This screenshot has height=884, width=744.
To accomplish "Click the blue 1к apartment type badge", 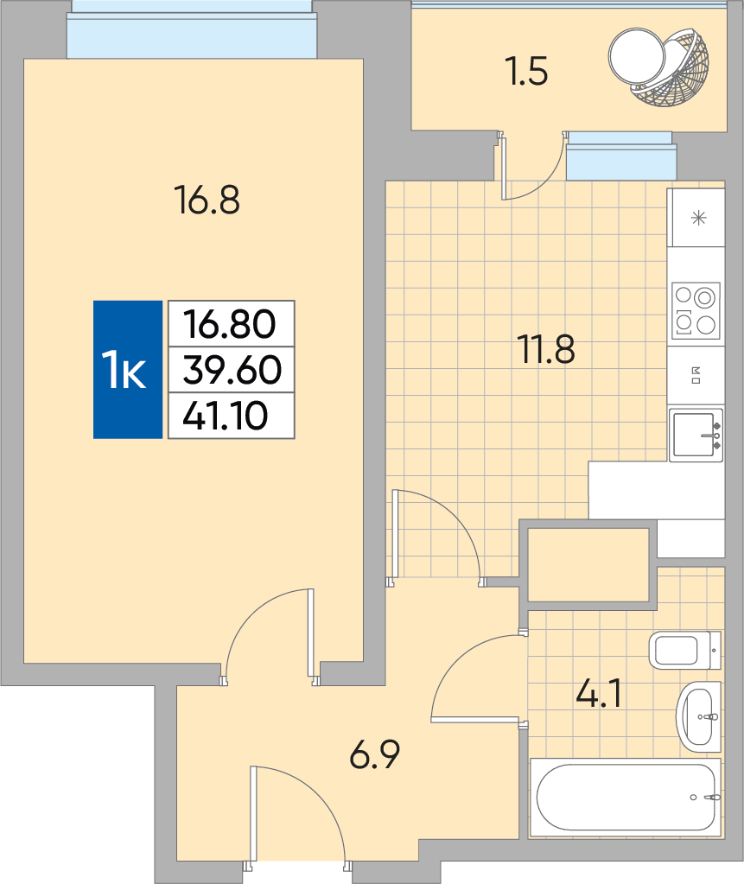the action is tap(128, 369).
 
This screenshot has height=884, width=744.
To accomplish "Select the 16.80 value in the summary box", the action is tap(230, 324).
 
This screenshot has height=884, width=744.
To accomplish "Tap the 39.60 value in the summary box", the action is tap(232, 370).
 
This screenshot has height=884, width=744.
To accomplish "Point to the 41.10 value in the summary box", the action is tap(225, 416).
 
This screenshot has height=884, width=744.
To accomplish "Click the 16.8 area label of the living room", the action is tap(207, 200).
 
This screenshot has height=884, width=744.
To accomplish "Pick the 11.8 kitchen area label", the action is tap(546, 349).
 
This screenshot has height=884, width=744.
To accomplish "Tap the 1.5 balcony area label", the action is tap(527, 72).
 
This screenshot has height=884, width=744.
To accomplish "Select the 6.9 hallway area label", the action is tap(375, 754).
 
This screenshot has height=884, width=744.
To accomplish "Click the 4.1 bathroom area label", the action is tap(599, 693).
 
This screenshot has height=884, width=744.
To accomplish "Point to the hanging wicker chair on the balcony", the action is tap(659, 67).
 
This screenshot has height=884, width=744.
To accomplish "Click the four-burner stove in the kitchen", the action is tap(696, 310).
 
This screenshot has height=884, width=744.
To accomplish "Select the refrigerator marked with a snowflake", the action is tap(696, 218).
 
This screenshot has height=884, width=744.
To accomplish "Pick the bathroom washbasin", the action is tap(699, 717).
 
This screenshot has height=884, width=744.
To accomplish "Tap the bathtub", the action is tap(626, 798).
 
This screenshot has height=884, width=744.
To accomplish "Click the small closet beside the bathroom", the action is tap(588, 565).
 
